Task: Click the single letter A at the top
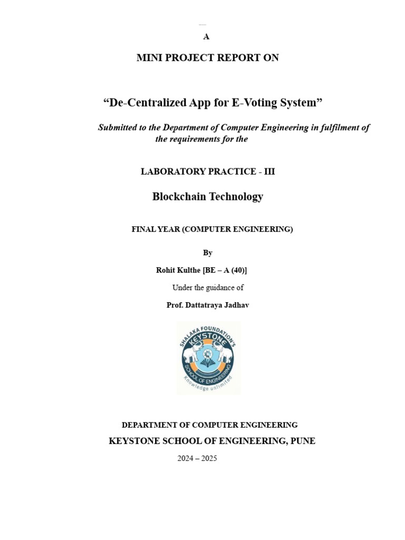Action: point(206,37)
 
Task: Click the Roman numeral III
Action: point(269,171)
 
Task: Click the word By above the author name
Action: point(208,253)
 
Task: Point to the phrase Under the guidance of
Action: point(208,287)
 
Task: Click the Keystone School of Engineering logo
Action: point(208,358)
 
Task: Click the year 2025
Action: point(208,458)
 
